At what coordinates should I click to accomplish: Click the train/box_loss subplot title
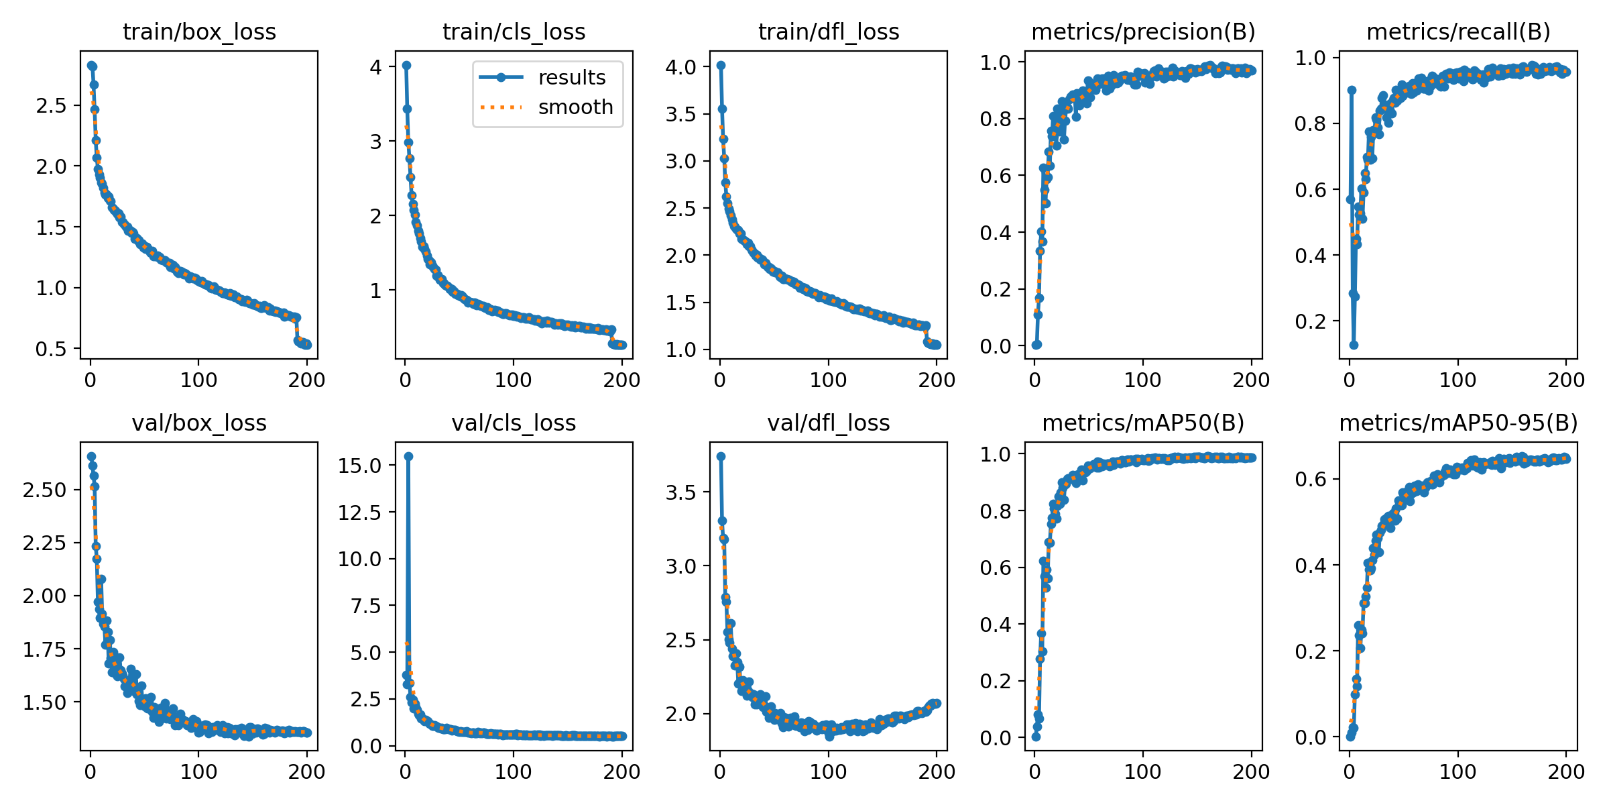(x=199, y=32)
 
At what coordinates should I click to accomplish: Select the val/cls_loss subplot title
(x=514, y=423)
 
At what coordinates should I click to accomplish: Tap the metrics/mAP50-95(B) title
(x=1458, y=423)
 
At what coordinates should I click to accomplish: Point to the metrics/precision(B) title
(x=1143, y=32)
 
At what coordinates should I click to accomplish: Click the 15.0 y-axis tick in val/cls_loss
(x=360, y=466)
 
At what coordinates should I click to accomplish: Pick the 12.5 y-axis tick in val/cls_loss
(x=360, y=513)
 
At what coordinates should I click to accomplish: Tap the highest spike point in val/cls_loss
(x=408, y=456)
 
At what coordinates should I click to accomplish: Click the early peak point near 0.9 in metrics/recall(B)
(x=1352, y=90)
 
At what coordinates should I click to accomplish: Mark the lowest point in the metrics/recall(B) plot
(x=1354, y=345)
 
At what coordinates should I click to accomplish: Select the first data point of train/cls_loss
(x=406, y=65)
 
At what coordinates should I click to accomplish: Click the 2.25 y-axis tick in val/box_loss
(x=45, y=543)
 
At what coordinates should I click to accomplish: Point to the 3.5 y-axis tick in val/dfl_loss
(x=681, y=492)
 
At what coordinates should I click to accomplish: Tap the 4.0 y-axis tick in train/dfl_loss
(x=681, y=66)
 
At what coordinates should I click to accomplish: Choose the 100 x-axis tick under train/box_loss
(x=198, y=380)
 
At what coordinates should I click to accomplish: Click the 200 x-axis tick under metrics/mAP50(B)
(x=1251, y=771)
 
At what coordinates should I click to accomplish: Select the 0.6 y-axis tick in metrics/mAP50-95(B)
(x=1311, y=479)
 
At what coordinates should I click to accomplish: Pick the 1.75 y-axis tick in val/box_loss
(x=45, y=649)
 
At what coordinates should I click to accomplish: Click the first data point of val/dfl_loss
(x=721, y=456)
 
